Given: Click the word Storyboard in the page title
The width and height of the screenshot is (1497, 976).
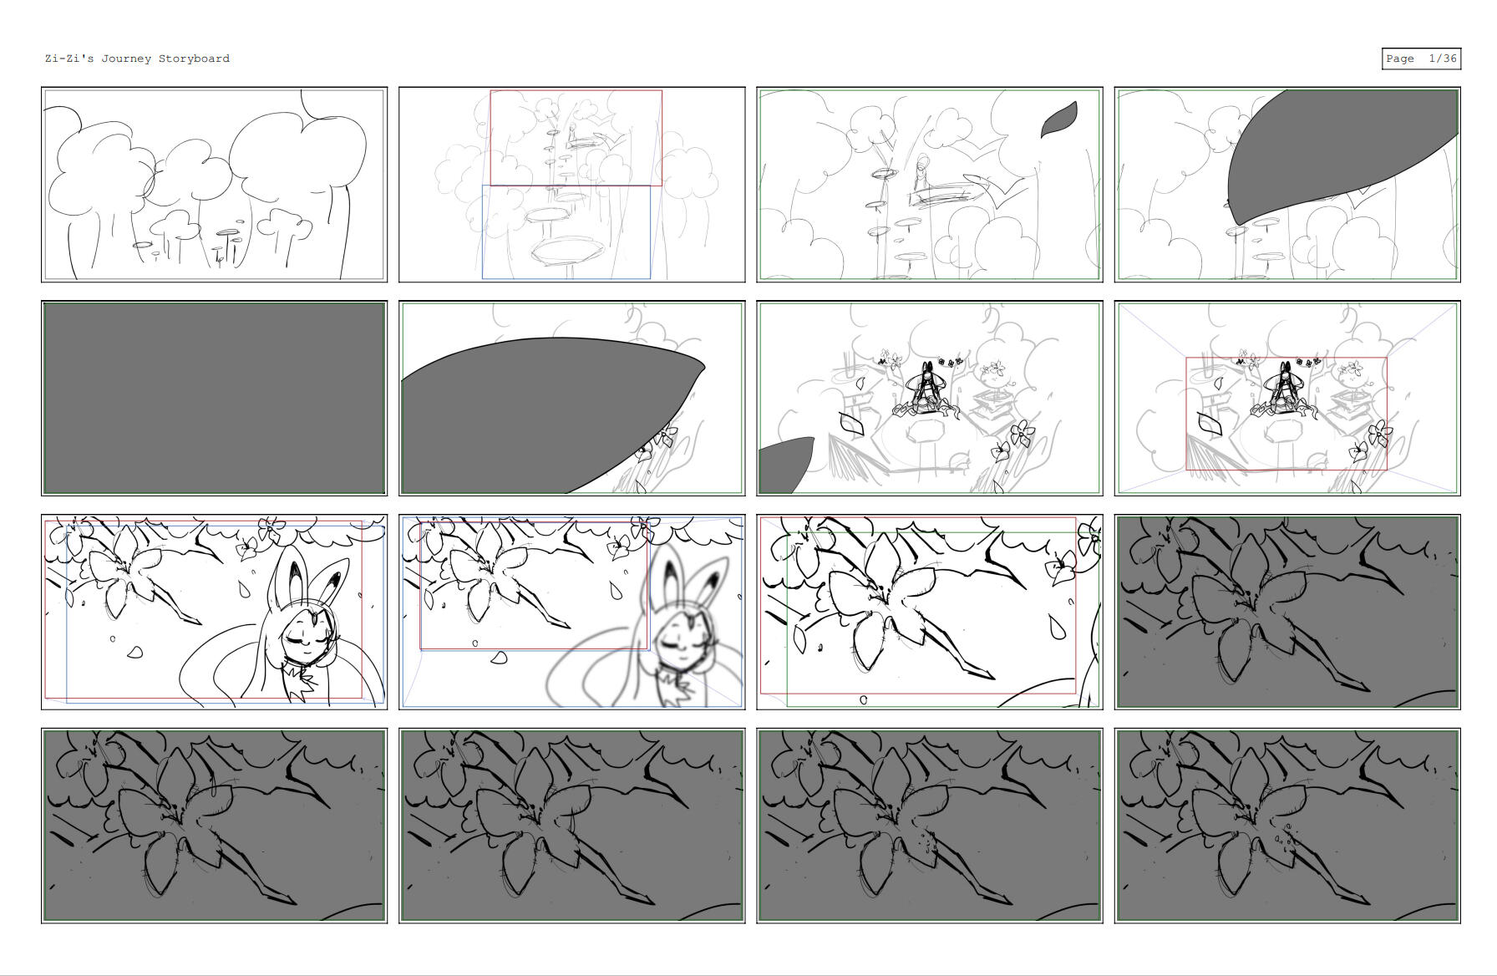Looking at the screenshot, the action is tap(194, 58).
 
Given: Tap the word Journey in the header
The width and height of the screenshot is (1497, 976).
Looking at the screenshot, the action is tap(126, 58).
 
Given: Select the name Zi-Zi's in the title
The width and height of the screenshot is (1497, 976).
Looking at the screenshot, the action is tap(69, 58).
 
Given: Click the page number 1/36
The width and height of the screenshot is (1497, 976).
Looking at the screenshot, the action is tap(1443, 58).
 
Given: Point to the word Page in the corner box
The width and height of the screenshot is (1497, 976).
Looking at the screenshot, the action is tap(1400, 58).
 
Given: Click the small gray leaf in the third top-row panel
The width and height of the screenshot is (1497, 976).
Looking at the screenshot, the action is tap(1058, 119).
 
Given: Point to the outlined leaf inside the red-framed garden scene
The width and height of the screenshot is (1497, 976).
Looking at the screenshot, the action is tap(1209, 424).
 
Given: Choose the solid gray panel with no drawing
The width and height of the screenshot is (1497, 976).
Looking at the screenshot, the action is tap(214, 398).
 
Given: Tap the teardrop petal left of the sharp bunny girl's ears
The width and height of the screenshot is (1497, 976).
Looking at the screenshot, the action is tap(245, 589).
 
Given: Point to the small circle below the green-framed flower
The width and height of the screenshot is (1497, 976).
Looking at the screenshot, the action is tap(864, 700).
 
